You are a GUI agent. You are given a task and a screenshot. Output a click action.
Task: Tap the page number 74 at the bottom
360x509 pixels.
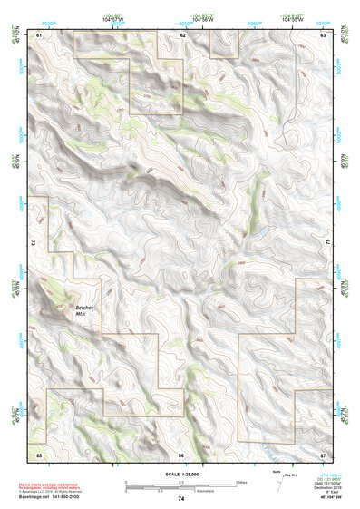point(181,499)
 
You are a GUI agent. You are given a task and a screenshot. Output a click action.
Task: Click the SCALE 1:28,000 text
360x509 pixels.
point(180,474)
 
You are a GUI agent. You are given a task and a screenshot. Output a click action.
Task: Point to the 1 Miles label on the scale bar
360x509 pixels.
point(242,482)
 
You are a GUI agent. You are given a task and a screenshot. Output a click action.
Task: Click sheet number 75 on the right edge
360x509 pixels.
point(328,243)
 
